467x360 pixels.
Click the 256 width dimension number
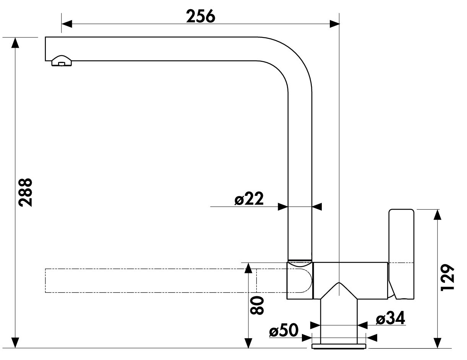tap(201, 16)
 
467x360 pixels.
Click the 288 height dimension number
tap(25, 192)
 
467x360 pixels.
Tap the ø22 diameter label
tap(249, 199)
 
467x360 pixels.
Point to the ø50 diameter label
tap(284, 330)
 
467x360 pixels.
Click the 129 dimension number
tap(448, 278)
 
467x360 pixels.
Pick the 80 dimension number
tap(257, 305)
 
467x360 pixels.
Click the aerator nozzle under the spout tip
tap(62, 61)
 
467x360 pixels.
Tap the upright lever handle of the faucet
tap(401, 254)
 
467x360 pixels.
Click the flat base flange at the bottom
tap(339, 346)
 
